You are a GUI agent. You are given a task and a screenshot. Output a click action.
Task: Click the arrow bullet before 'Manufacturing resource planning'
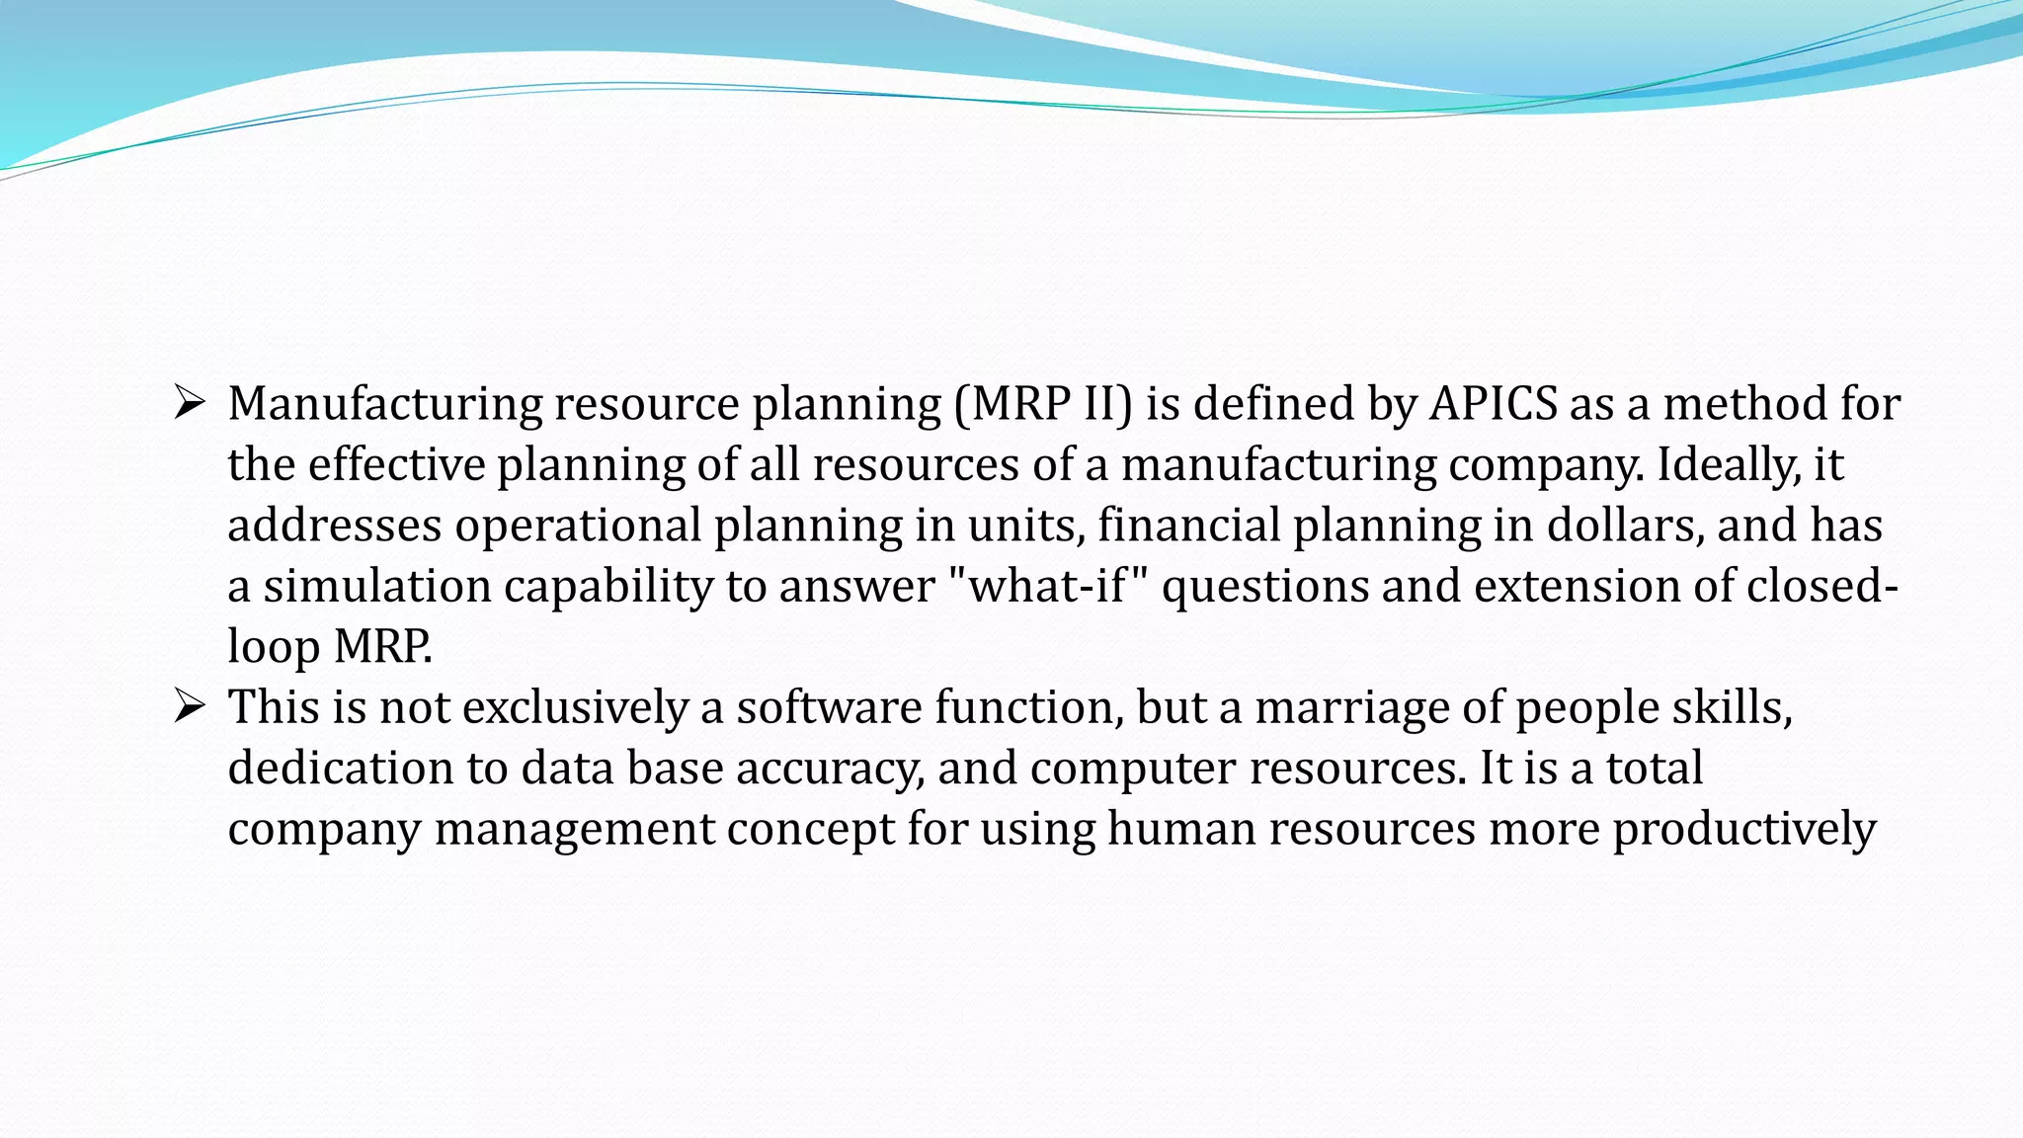click(x=189, y=403)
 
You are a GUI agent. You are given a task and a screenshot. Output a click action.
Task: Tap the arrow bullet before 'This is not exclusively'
click(x=189, y=706)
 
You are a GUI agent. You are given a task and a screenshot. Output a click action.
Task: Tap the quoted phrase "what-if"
click(x=1048, y=586)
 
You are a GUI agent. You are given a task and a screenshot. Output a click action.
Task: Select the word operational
click(x=578, y=525)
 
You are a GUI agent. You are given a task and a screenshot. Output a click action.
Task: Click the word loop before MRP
click(x=274, y=647)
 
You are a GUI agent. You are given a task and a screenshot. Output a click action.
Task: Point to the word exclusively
click(x=575, y=707)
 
